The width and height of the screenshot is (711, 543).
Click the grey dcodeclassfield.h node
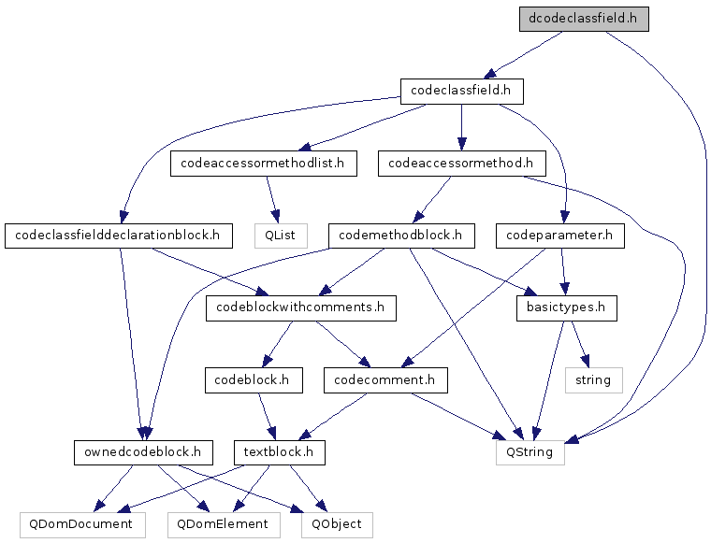coord(584,19)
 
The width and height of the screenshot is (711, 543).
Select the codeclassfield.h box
coord(461,92)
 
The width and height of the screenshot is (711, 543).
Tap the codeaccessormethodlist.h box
coord(264,164)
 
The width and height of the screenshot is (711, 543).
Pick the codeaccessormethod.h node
coord(461,164)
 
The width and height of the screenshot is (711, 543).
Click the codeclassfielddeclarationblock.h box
coord(119,236)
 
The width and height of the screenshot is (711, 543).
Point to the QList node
coord(281,236)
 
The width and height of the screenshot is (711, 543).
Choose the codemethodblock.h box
coord(401,236)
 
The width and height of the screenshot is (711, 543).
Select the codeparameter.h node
coord(560,236)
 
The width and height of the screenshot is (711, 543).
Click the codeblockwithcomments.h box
coord(301,308)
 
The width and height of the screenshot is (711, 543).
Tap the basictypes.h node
coord(566,308)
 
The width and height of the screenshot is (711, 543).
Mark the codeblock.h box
coord(254,380)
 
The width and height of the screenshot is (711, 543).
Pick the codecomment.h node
coord(385,380)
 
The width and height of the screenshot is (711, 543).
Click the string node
coord(593,380)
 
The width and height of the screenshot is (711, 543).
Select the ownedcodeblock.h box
coord(143,452)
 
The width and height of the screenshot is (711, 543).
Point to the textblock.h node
coord(280,452)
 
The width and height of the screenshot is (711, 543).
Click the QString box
coord(530,452)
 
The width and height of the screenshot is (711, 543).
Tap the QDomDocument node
coord(82,525)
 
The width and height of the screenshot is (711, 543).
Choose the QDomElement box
coord(224,525)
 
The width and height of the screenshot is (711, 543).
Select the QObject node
coord(337,525)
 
